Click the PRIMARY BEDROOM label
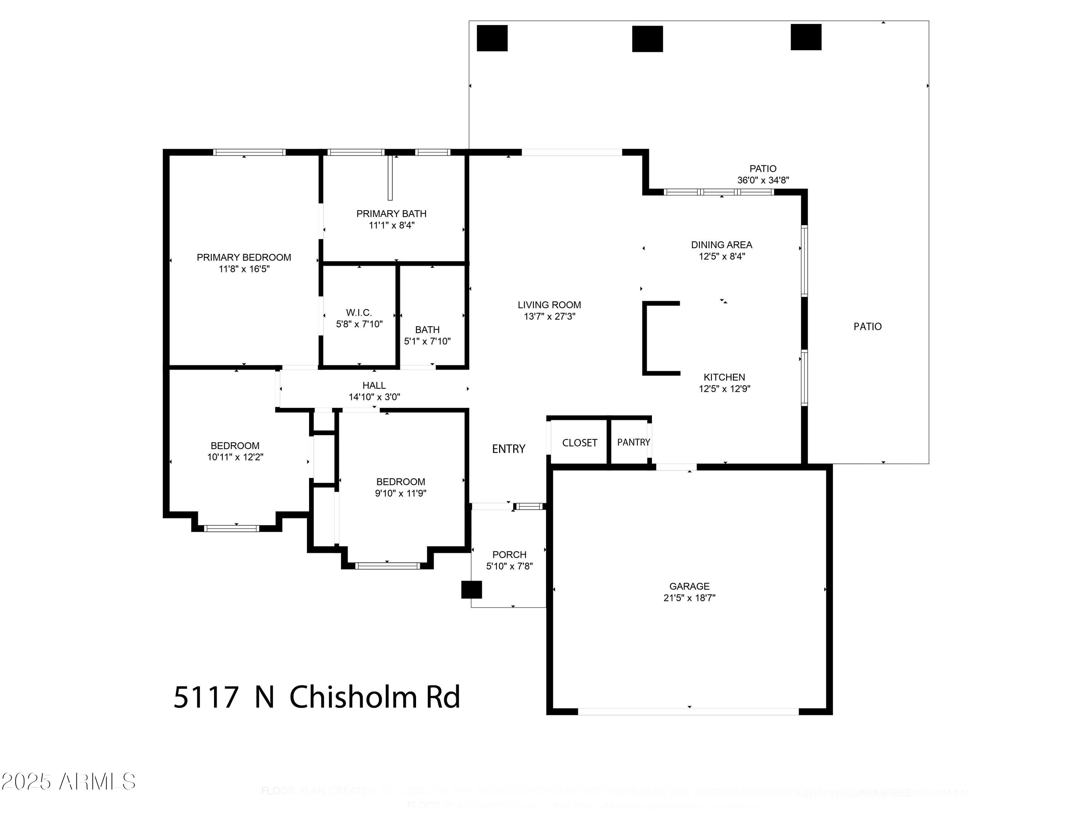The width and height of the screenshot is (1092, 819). (x=244, y=257)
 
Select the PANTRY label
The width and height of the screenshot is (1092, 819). (x=633, y=442)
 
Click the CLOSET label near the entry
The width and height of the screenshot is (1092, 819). (x=579, y=443)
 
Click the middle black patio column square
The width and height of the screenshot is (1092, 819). (x=647, y=39)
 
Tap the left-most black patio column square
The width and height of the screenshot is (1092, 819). (x=492, y=38)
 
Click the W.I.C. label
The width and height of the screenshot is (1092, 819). (x=359, y=312)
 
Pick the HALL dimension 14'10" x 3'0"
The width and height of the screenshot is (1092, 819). (x=374, y=397)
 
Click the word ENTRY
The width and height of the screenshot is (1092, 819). (x=509, y=449)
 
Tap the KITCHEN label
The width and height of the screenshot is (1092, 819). (x=724, y=377)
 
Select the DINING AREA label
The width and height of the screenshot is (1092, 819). (x=721, y=245)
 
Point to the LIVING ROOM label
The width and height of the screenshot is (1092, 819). (x=549, y=305)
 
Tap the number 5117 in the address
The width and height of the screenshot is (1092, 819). (x=206, y=697)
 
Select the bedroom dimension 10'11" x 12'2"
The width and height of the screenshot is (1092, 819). (x=235, y=457)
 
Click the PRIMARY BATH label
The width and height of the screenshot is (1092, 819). (x=391, y=214)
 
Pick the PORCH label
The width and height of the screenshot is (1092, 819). (x=510, y=554)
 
